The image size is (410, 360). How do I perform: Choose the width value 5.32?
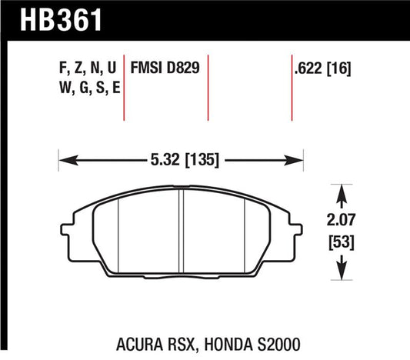tap(159, 161)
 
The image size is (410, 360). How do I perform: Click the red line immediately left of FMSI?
tap(125, 88)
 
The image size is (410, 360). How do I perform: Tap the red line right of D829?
tap(208, 88)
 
